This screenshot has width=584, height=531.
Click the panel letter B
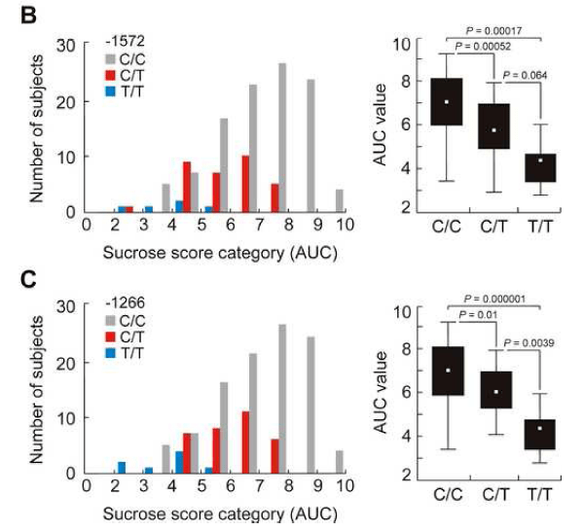pyautogui.click(x=28, y=16)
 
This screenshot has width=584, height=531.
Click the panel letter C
pyautogui.click(x=28, y=279)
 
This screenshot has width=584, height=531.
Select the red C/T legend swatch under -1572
pyautogui.click(x=111, y=76)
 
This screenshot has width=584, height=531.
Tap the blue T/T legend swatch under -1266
pyautogui.click(x=111, y=353)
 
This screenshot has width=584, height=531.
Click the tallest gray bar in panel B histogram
pyautogui.click(x=282, y=138)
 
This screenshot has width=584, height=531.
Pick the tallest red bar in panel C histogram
pyautogui.click(x=245, y=442)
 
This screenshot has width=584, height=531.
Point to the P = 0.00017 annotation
pyautogui.click(x=493, y=30)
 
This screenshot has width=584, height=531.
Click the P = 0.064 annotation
pyautogui.click(x=525, y=75)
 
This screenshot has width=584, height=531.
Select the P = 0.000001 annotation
pyautogui.click(x=494, y=299)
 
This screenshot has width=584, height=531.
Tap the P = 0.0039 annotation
pyautogui.click(x=529, y=342)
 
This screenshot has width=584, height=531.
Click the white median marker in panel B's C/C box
pyautogui.click(x=447, y=102)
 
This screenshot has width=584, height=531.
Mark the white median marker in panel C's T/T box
pyautogui.click(x=539, y=428)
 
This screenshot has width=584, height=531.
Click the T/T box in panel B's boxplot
pyautogui.click(x=540, y=168)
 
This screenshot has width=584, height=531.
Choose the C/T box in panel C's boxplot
pyautogui.click(x=496, y=390)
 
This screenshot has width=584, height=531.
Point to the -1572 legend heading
pyautogui.click(x=126, y=41)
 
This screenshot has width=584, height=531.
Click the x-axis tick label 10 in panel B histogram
pyautogui.click(x=345, y=225)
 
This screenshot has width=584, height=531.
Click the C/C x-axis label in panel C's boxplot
pyautogui.click(x=448, y=495)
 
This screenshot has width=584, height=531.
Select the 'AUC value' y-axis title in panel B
pyautogui.click(x=381, y=124)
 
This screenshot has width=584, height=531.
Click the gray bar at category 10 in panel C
pyautogui.click(x=340, y=462)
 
